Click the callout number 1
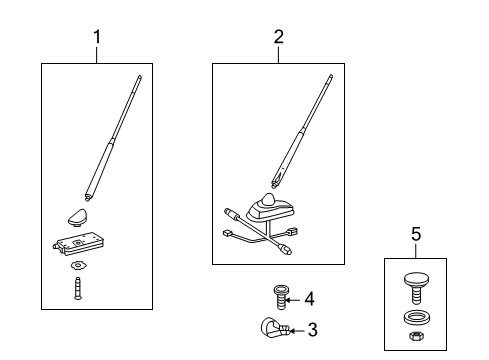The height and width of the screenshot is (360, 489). (97, 37)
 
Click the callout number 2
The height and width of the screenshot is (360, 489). (278, 37)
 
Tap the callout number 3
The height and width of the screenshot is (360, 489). (312, 329)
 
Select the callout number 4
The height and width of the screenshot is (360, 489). (309, 297)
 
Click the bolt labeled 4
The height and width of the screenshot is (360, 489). (280, 297)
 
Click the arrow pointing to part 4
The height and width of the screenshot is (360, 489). (294, 297)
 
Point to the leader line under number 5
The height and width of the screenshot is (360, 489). (416, 250)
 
